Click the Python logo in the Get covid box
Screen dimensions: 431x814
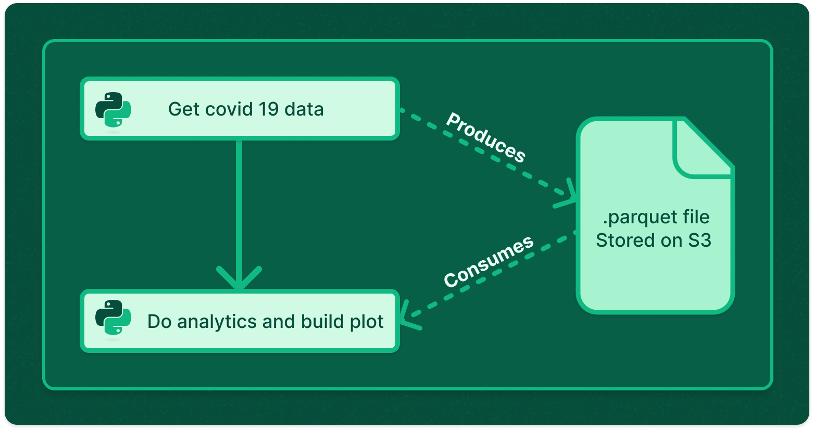(113, 109)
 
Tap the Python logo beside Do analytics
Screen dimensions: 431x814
(113, 317)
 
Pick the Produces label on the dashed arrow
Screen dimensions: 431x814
(485, 137)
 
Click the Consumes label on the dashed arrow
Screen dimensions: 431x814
(488, 261)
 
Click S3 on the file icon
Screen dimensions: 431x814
(699, 240)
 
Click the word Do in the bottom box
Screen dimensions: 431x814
(159, 322)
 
